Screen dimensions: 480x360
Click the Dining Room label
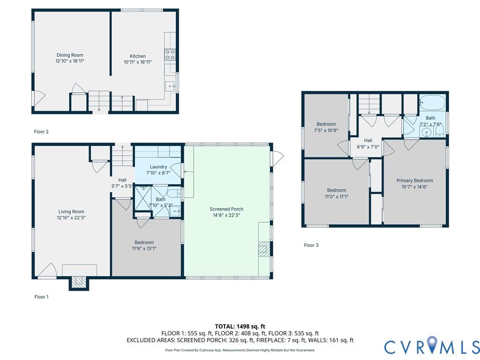click(x=70, y=55)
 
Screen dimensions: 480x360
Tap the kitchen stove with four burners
click(x=170, y=55)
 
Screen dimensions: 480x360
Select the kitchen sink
click(x=170, y=86)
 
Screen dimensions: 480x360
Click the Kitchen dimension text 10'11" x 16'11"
click(x=137, y=62)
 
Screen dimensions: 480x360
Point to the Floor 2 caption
click(x=41, y=132)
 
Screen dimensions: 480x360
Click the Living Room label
click(x=71, y=211)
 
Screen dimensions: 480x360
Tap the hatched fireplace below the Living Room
click(x=79, y=282)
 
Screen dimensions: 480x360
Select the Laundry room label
click(x=158, y=167)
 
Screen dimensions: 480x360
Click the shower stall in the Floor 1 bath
click(x=143, y=198)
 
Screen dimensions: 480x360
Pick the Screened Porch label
click(x=226, y=209)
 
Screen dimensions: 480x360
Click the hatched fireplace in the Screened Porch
click(x=264, y=249)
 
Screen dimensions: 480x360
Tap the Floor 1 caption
click(x=41, y=297)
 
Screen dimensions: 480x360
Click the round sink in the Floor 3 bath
click(x=426, y=133)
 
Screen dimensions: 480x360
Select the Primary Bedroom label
click(x=414, y=180)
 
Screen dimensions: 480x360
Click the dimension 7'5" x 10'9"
click(x=326, y=130)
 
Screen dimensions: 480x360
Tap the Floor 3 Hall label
click(x=368, y=141)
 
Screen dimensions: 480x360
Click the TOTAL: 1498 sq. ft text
click(x=240, y=326)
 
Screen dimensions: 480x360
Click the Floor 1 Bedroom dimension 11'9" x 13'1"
click(x=144, y=248)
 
